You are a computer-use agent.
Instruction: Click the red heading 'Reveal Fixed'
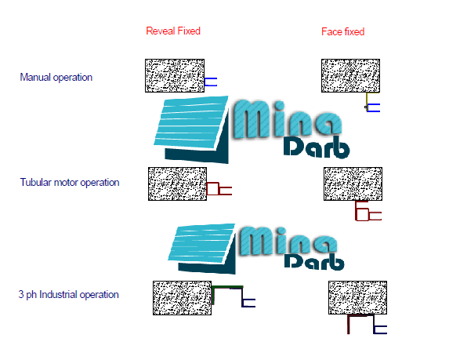[173, 31]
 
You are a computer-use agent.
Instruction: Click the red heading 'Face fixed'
[342, 31]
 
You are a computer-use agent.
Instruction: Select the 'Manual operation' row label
[56, 78]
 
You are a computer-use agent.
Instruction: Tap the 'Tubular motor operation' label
[70, 182]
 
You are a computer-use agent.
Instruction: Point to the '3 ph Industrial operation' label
[68, 295]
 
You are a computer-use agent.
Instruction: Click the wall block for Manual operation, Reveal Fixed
[175, 75]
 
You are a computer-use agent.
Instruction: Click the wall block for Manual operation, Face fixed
[350, 75]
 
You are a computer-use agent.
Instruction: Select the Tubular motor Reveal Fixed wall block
[178, 184]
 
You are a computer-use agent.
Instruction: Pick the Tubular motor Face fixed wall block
[353, 184]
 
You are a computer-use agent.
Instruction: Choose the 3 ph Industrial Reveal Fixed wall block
[182, 298]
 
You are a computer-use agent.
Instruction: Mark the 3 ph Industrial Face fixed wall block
[357, 297]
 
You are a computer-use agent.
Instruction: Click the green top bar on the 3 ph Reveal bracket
[227, 286]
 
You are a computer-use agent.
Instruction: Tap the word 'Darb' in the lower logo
[314, 261]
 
